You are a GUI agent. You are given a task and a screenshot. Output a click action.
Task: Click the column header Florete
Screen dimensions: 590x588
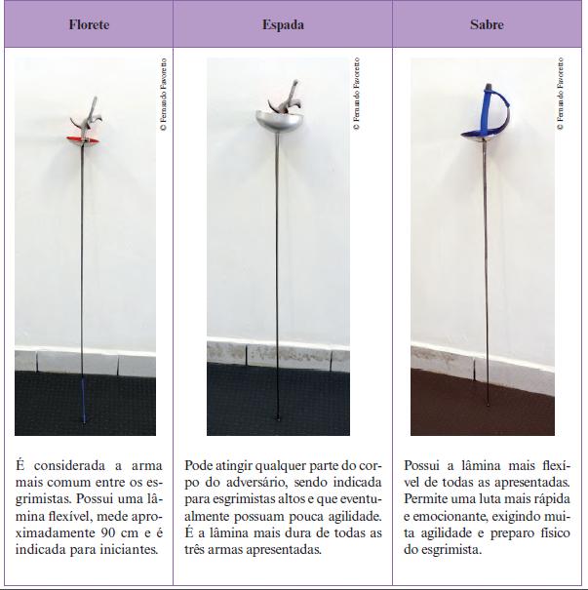[89, 24]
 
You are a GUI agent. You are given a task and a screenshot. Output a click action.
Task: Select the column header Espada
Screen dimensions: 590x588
[283, 24]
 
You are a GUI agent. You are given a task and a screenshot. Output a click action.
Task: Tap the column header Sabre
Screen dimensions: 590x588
[487, 24]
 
